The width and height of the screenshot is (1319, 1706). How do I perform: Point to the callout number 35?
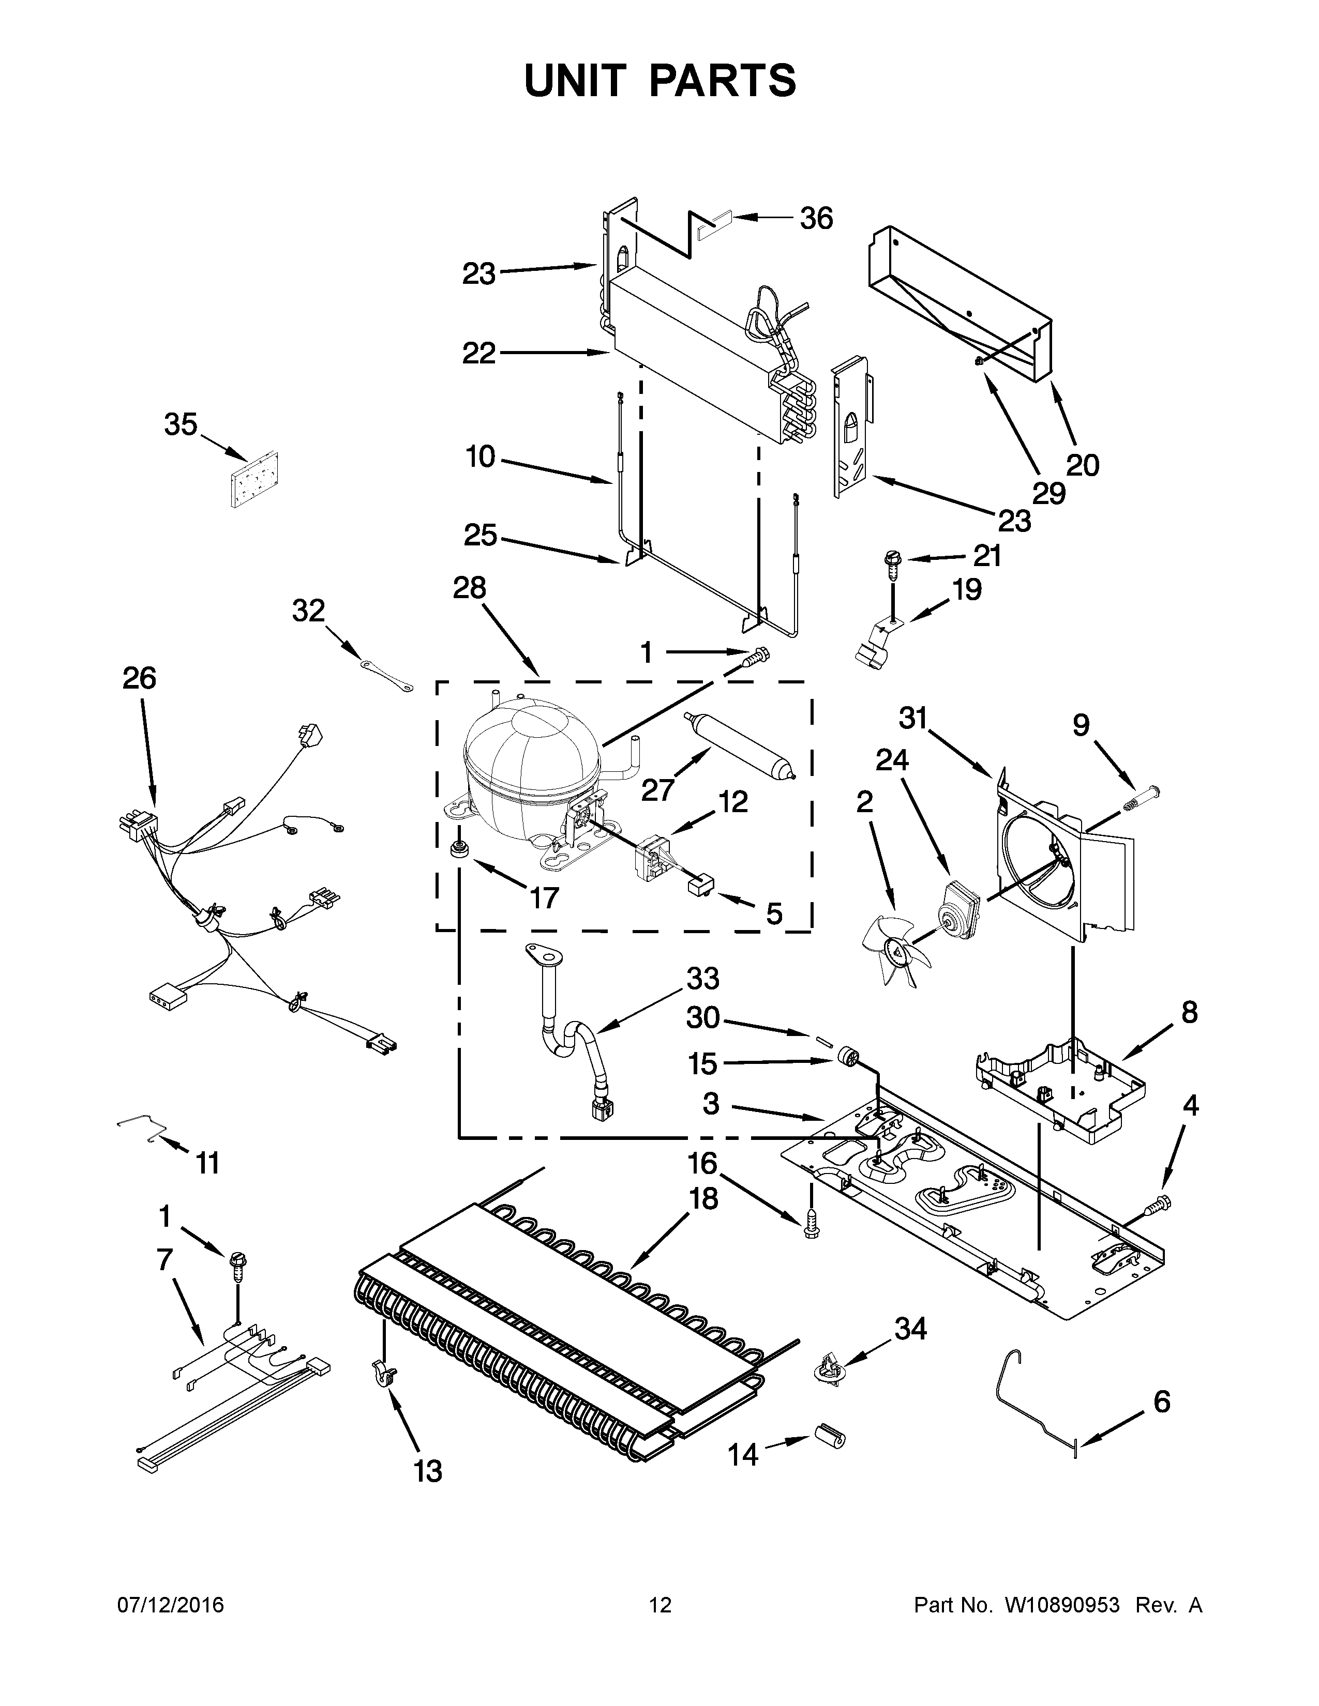[181, 425]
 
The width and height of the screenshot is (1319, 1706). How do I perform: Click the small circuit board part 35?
[254, 480]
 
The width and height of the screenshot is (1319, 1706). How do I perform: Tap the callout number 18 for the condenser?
[703, 1198]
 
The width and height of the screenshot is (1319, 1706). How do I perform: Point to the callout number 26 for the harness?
[139, 678]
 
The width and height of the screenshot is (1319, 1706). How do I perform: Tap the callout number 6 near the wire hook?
[1162, 1402]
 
